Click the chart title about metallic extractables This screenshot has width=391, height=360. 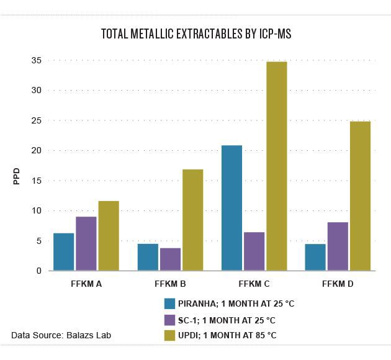pyautogui.click(x=196, y=35)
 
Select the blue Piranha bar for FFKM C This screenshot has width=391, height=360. pyautogui.click(x=231, y=208)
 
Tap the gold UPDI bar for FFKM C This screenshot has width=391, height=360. pyautogui.click(x=276, y=166)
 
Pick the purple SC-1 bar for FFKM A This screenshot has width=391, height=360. pyautogui.click(x=86, y=243)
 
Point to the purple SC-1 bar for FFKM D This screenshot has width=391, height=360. pyautogui.click(x=338, y=246)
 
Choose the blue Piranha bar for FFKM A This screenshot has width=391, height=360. pyautogui.click(x=63, y=251)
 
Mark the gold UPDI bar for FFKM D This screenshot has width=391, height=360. pyautogui.click(x=360, y=196)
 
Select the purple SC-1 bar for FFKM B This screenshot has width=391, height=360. pyautogui.click(x=170, y=259)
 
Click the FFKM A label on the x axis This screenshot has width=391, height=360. pyautogui.click(x=87, y=284)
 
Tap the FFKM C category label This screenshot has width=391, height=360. pyautogui.click(x=254, y=284)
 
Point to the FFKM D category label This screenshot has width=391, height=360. pyautogui.click(x=338, y=284)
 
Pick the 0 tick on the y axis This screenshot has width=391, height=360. pyautogui.click(x=38, y=271)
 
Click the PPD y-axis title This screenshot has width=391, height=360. pyautogui.click(x=17, y=176)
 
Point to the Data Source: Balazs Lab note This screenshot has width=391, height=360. pyautogui.click(x=61, y=336)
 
